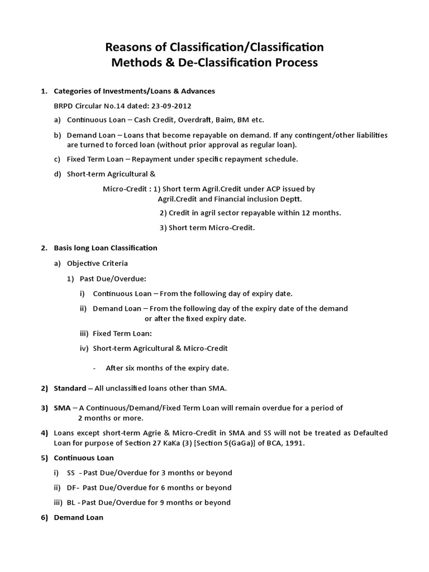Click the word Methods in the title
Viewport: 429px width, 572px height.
click(x=138, y=63)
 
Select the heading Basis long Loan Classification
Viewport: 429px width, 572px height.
click(x=106, y=247)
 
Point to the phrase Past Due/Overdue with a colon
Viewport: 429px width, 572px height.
click(x=117, y=278)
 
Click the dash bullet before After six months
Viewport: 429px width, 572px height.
click(x=96, y=368)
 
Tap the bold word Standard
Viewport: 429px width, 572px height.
click(x=70, y=388)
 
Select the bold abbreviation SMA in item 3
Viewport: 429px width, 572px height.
click(x=62, y=408)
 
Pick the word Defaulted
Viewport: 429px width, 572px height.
click(x=368, y=433)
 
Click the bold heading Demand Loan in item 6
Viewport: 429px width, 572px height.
click(x=78, y=517)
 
